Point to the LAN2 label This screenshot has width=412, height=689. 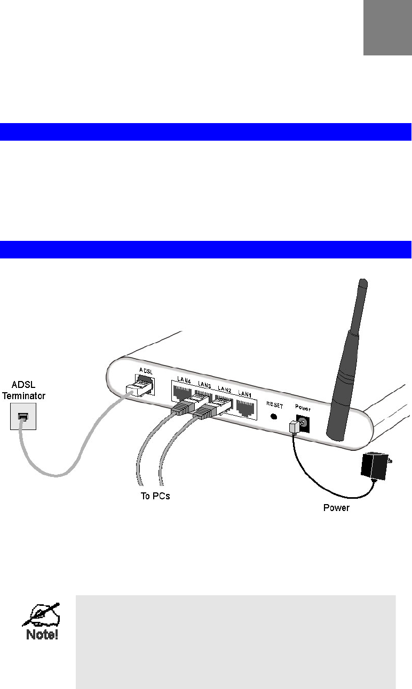click(224, 390)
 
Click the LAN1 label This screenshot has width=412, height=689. click(245, 393)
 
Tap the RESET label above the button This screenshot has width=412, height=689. click(275, 404)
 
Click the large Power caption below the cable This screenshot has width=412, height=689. click(337, 508)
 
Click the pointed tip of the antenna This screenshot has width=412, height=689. click(363, 281)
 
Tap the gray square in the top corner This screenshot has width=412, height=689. click(387, 27)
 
